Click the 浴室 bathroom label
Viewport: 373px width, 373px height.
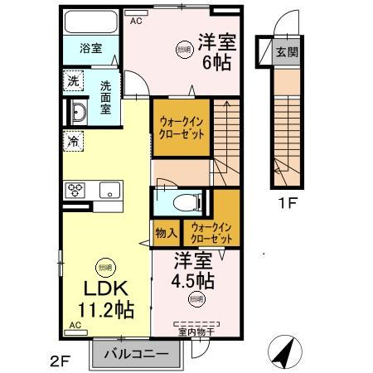[x=91, y=48]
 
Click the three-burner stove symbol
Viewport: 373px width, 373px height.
[x=75, y=190]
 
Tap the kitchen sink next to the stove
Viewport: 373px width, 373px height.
[x=109, y=190]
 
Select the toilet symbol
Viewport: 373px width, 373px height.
[x=186, y=201]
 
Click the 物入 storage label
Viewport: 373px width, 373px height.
[x=162, y=233]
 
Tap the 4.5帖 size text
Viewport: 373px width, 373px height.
[x=192, y=279]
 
